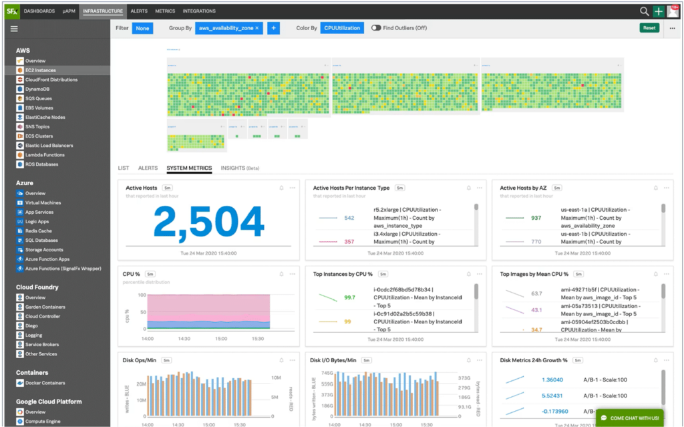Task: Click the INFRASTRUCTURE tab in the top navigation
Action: [x=103, y=11]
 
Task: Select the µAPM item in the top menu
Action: [x=68, y=11]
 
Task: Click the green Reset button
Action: [x=649, y=28]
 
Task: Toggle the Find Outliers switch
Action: [x=376, y=28]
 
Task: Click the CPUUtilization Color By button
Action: [x=342, y=28]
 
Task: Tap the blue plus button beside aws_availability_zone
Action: [x=273, y=28]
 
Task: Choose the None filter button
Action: [x=142, y=28]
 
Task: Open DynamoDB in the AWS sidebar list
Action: [x=37, y=89]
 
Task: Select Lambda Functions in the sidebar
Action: [x=45, y=154]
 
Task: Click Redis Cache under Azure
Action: [x=39, y=231]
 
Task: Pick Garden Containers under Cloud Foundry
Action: [x=45, y=307]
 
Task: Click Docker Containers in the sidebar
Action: [x=45, y=383]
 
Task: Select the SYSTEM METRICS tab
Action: [x=189, y=168]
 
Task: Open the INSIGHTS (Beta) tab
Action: [x=240, y=168]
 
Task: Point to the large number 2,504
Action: [x=208, y=223]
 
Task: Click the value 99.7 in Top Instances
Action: [x=349, y=297]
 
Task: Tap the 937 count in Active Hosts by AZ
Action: [x=536, y=217]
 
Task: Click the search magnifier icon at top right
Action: [x=644, y=11]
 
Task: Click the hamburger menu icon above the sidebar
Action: [x=14, y=29]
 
